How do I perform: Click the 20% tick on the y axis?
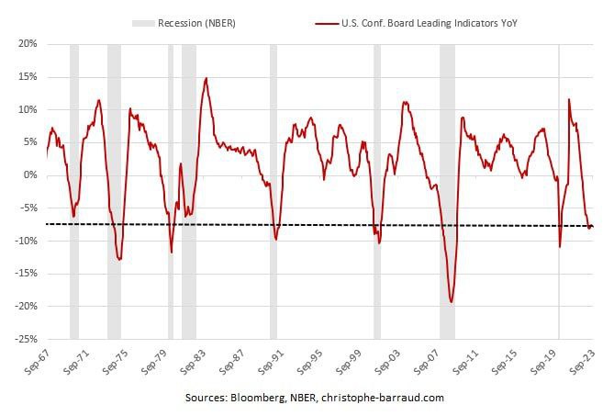(27, 43)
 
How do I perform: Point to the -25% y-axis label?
(25, 339)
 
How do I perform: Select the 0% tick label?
(29, 174)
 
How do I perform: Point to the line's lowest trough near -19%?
(452, 301)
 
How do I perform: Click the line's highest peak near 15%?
(207, 78)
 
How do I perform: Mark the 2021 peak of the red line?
(570, 99)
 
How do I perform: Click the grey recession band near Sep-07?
(447, 184)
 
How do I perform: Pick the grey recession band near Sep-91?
(274, 184)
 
